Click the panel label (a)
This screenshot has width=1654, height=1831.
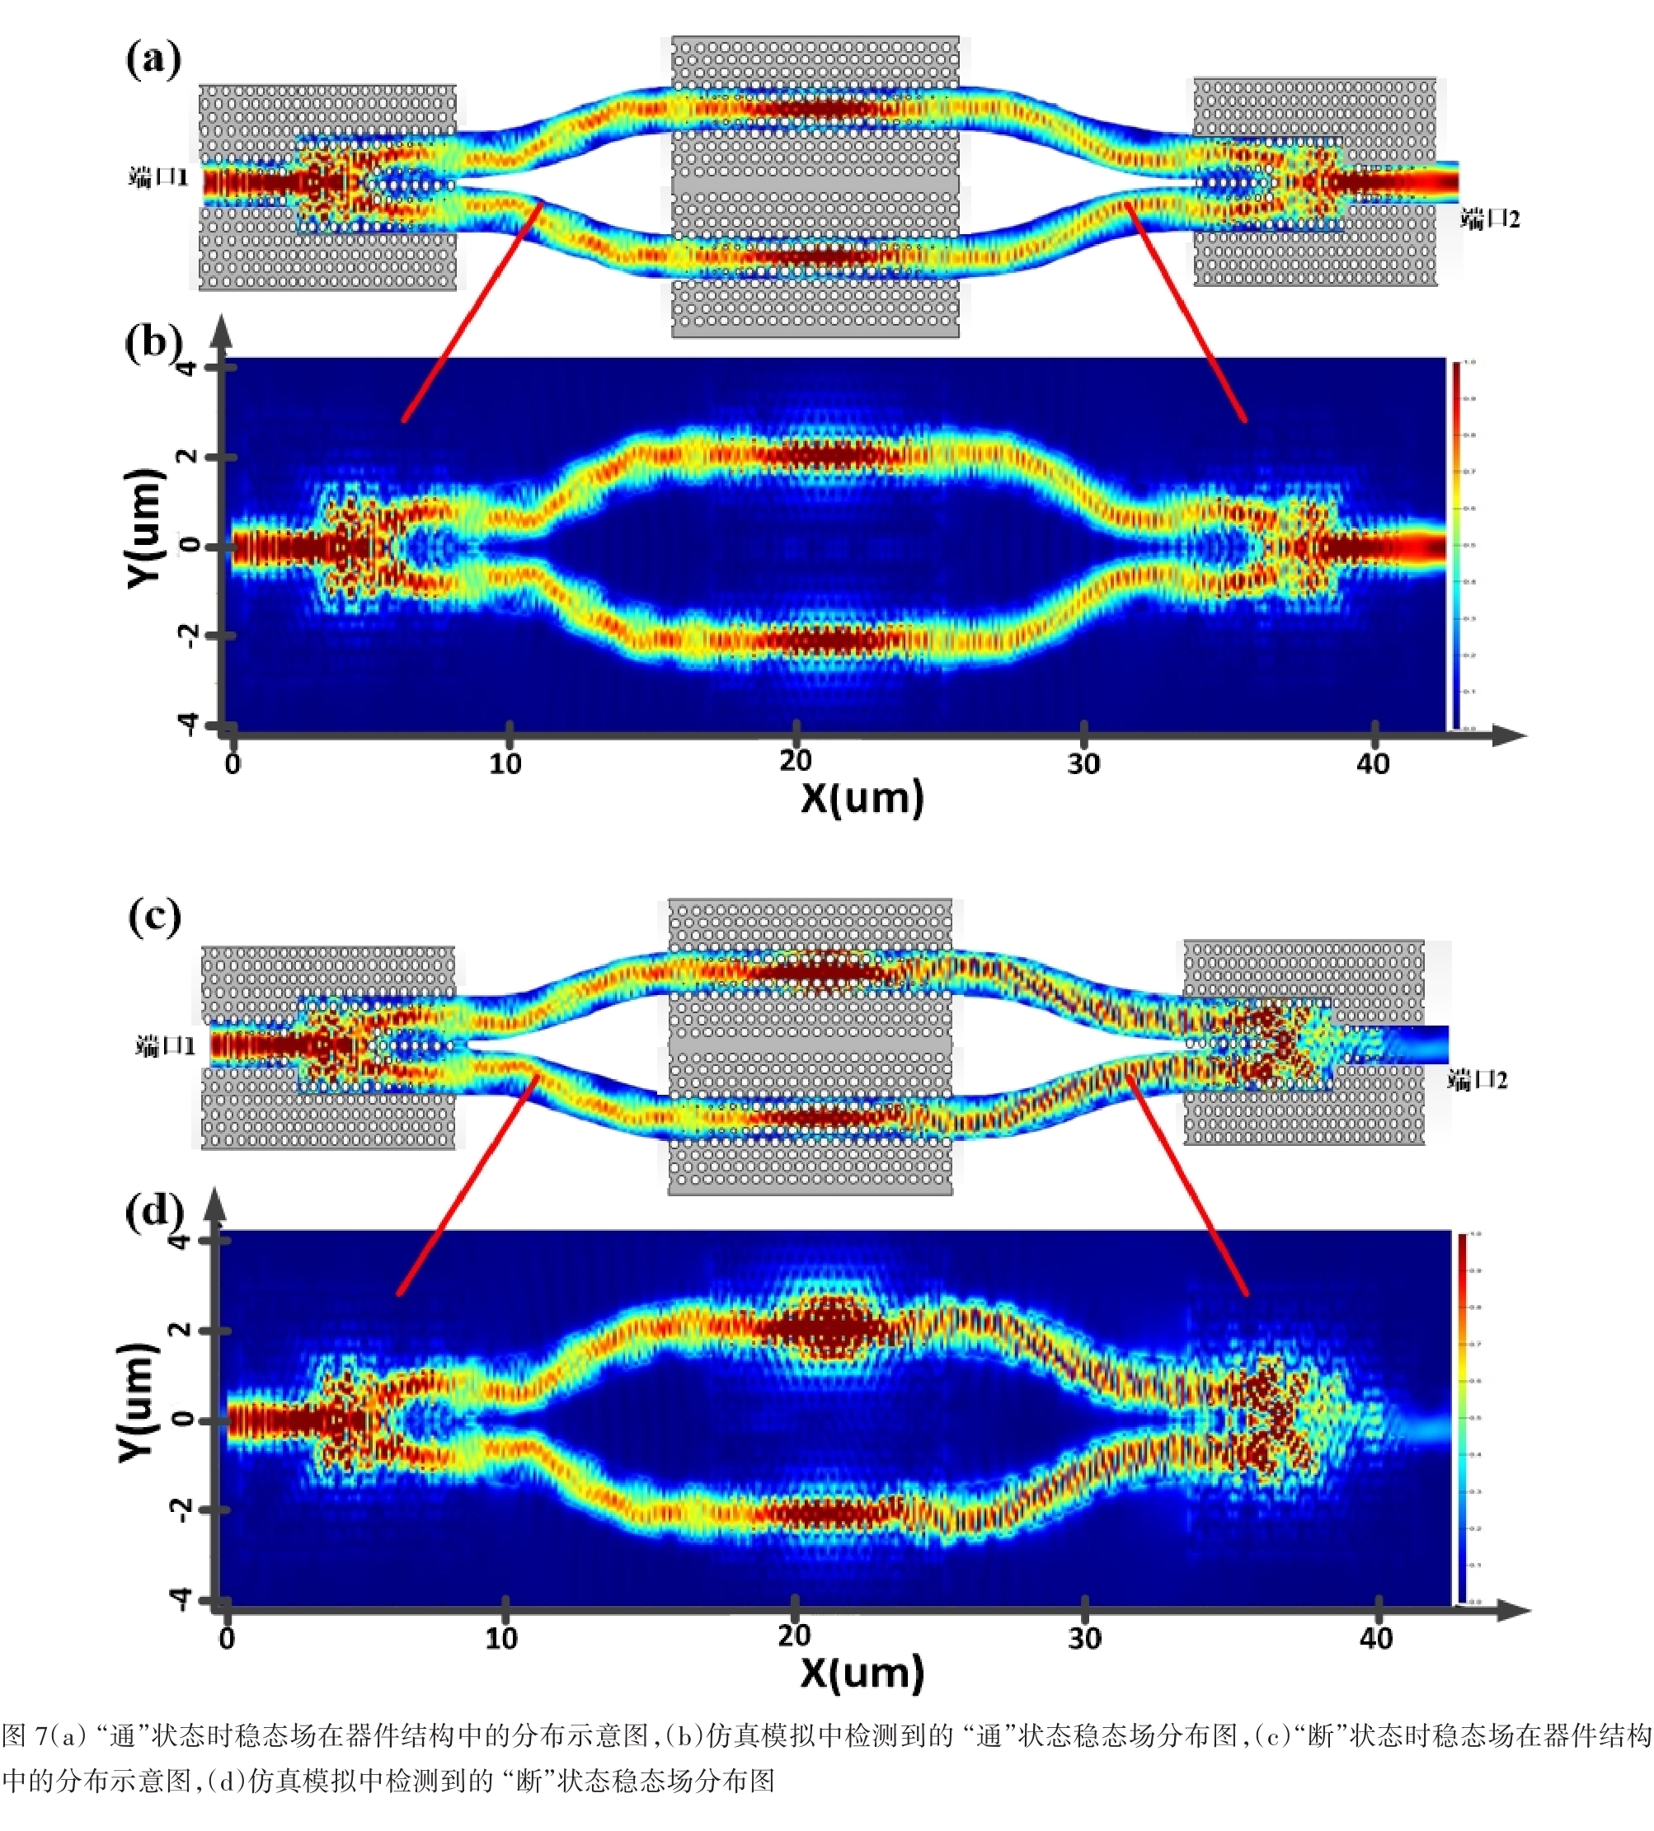pos(153,59)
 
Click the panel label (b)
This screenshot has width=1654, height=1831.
pos(153,342)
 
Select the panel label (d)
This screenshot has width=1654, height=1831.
pos(153,1211)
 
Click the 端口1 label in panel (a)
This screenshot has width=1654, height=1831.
pos(158,177)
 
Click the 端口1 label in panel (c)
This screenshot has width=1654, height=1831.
pos(165,1046)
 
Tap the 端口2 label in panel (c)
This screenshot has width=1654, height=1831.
pos(1478,1080)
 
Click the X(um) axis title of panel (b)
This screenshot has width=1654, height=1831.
pos(862,798)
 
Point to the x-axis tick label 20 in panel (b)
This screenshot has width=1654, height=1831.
pos(796,761)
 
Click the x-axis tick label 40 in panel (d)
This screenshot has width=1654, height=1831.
pos(1376,1638)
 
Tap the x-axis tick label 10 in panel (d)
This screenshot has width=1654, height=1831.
pos(501,1638)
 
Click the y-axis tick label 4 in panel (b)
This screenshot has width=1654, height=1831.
pos(186,368)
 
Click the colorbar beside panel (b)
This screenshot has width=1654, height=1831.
pos(1456,545)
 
